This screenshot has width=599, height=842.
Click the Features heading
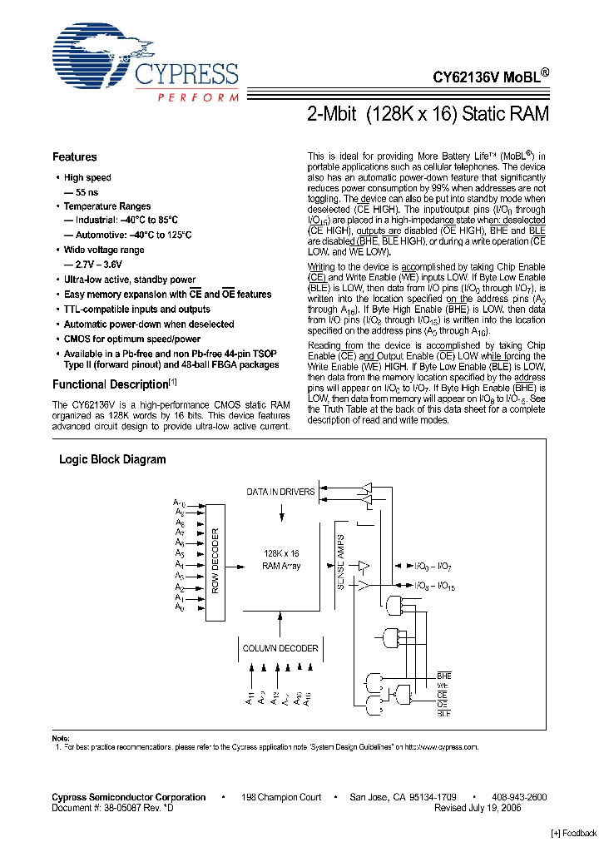tap(75, 157)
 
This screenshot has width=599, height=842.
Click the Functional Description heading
tap(111, 385)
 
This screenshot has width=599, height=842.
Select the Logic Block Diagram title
tap(112, 459)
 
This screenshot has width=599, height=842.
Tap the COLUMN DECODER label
tap(280, 648)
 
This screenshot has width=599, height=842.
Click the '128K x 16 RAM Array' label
tap(281, 559)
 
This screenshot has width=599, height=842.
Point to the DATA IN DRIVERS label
tap(280, 492)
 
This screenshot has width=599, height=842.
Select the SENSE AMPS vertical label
tap(341, 562)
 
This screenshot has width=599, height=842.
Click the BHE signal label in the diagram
tap(444, 676)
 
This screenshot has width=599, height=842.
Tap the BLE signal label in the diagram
tap(444, 713)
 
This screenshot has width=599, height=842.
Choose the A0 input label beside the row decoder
tap(179, 607)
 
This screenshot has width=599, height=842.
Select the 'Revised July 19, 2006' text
tap(478, 808)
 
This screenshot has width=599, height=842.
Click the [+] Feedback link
tap(574, 833)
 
